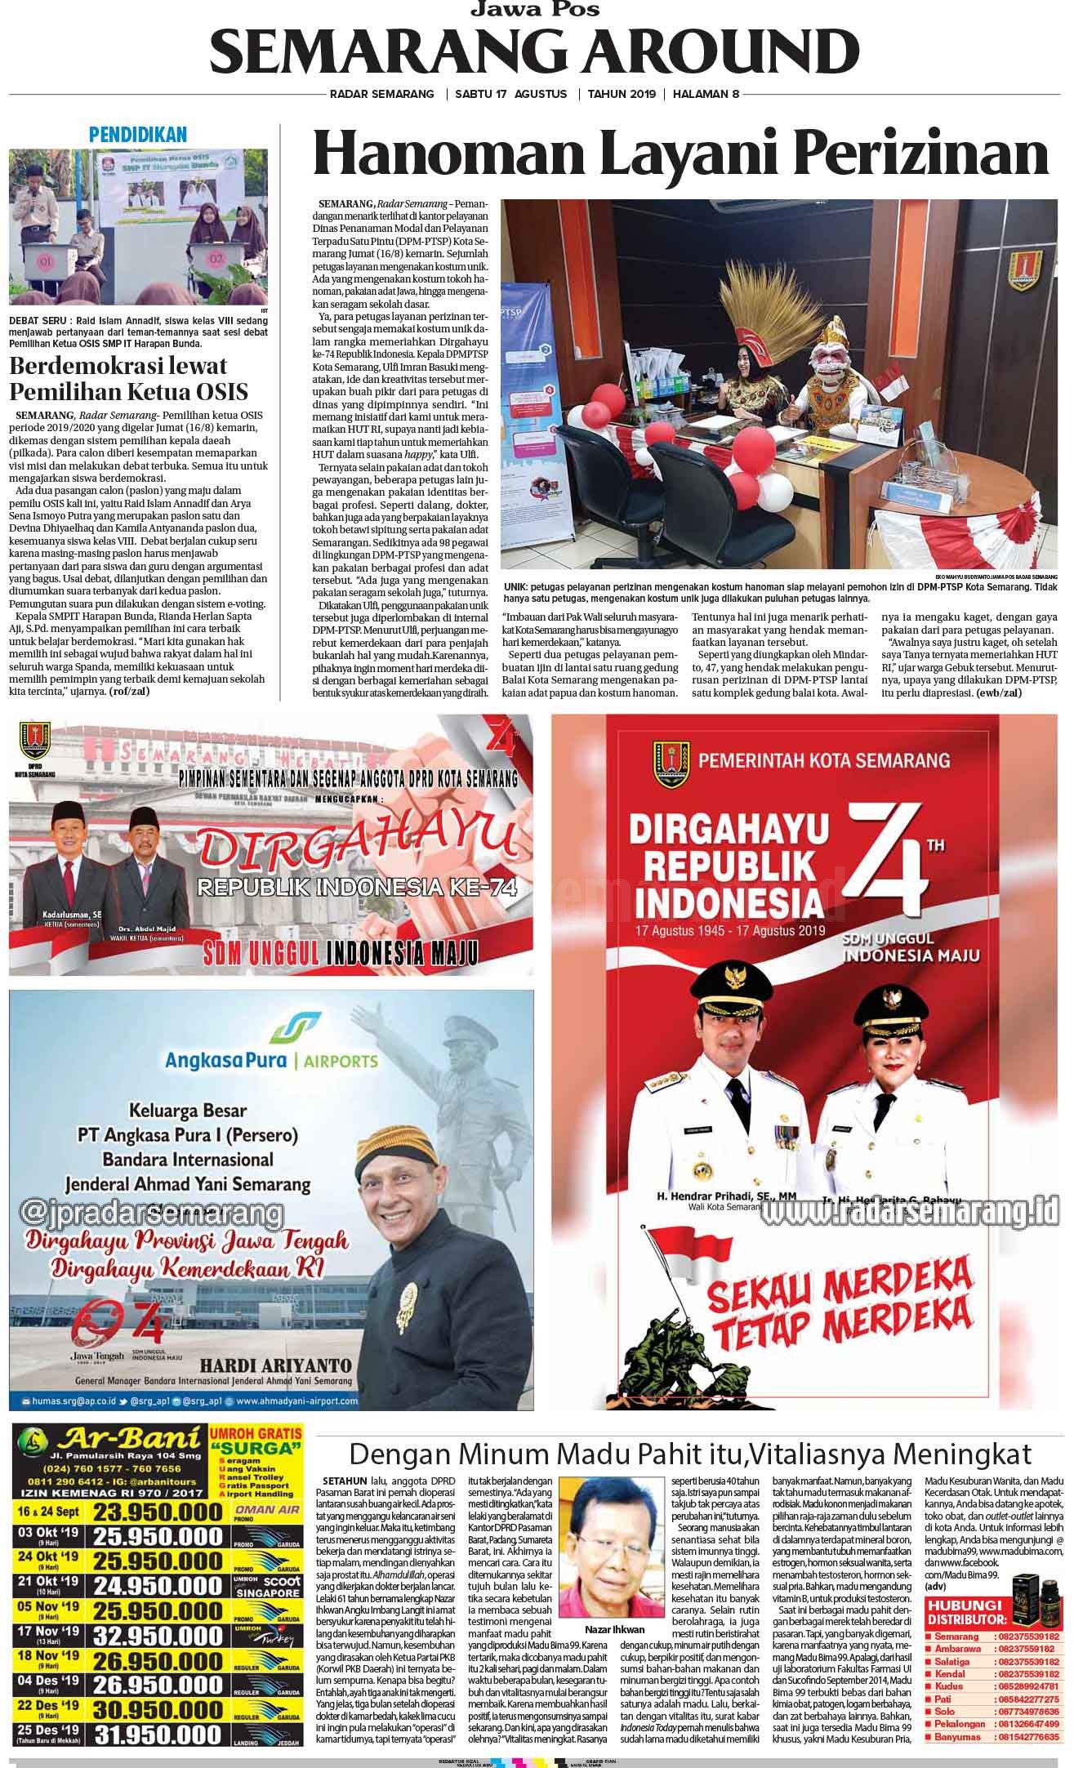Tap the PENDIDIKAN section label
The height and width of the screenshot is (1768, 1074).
(x=138, y=135)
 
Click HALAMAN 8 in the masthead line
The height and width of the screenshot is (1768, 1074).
(x=706, y=94)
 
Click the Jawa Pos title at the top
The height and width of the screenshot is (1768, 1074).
(x=535, y=10)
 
